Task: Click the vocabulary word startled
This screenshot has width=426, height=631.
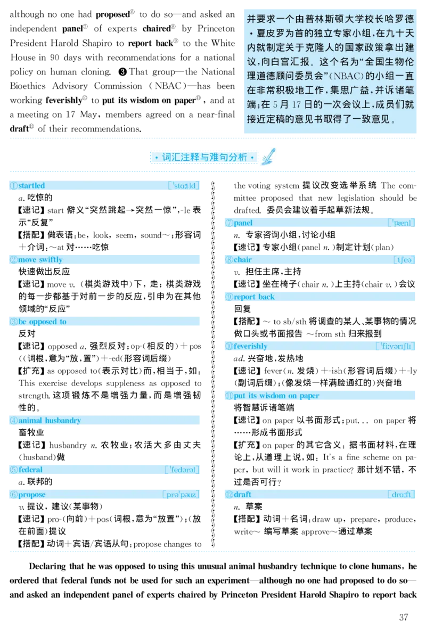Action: (31, 186)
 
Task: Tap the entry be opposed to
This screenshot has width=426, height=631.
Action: (42, 322)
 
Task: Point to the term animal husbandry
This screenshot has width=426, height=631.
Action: (50, 421)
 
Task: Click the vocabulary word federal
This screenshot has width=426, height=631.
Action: (30, 470)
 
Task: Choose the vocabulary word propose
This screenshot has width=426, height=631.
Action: (32, 495)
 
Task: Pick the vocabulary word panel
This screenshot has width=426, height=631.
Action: (243, 223)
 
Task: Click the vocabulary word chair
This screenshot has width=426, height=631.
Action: (242, 260)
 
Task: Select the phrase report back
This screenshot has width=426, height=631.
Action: (254, 297)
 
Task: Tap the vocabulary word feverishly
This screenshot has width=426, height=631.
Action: (250, 347)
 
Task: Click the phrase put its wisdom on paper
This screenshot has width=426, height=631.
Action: (276, 396)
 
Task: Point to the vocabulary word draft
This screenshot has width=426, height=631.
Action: (242, 495)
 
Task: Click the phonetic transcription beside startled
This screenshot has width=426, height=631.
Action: (184, 186)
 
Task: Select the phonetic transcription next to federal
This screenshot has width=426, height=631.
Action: (182, 470)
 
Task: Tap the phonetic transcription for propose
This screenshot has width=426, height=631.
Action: (181, 495)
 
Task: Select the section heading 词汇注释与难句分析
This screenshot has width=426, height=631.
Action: (204, 158)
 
